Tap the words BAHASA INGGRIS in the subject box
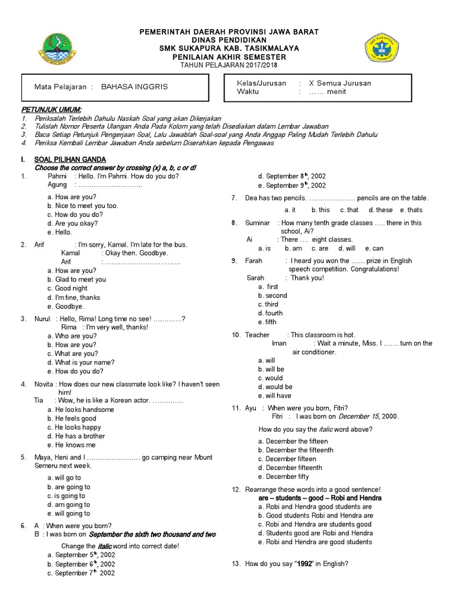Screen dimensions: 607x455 134,87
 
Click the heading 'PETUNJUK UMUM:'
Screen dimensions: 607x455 52,110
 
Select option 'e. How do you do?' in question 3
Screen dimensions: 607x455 75,371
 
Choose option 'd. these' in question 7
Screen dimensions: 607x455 380,210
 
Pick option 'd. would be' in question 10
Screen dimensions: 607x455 275,386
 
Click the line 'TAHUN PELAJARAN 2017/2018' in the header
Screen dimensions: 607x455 228,65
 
